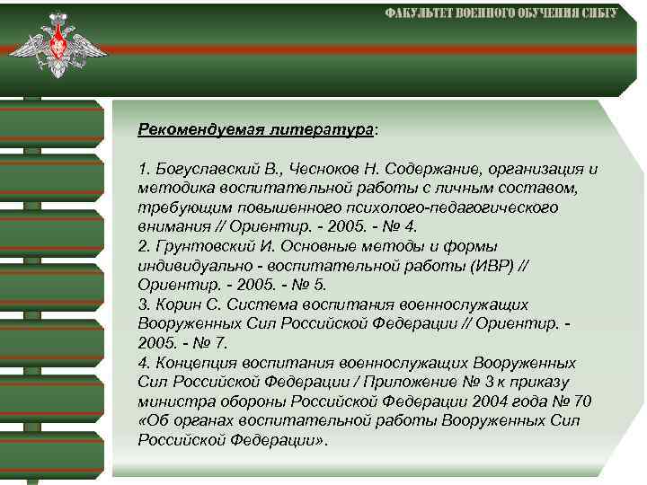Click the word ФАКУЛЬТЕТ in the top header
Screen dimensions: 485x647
(420, 13)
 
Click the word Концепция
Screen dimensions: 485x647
(196, 363)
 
